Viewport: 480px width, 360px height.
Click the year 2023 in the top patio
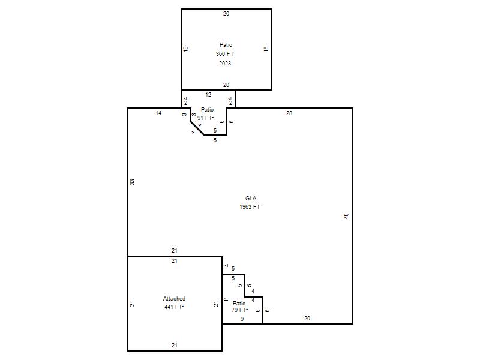(x=225, y=64)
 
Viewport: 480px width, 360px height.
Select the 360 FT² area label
(x=226, y=53)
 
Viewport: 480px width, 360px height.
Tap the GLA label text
(x=251, y=199)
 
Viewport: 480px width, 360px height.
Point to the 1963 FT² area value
(x=251, y=206)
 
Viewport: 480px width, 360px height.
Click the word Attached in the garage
(x=174, y=298)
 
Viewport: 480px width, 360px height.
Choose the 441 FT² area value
(x=174, y=307)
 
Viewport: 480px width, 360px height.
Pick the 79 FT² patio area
(x=239, y=310)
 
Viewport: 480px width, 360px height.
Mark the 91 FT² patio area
(x=205, y=118)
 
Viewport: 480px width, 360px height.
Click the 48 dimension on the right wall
(x=346, y=216)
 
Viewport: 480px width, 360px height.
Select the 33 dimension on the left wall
(x=132, y=182)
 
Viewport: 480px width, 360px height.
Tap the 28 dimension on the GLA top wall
(x=289, y=113)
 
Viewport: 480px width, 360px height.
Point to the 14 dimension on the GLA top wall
(x=158, y=113)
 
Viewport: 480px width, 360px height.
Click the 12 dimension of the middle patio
(x=208, y=95)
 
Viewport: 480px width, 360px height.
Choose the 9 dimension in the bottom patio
(x=242, y=319)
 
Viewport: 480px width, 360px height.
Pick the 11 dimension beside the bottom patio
(x=226, y=299)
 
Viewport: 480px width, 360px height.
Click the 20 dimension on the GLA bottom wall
(x=307, y=319)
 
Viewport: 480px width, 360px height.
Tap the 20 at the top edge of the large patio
(x=226, y=13)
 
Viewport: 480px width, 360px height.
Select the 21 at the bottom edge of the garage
(x=175, y=346)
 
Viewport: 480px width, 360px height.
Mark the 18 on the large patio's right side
(x=266, y=49)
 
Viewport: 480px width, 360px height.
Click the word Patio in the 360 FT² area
(x=226, y=44)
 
